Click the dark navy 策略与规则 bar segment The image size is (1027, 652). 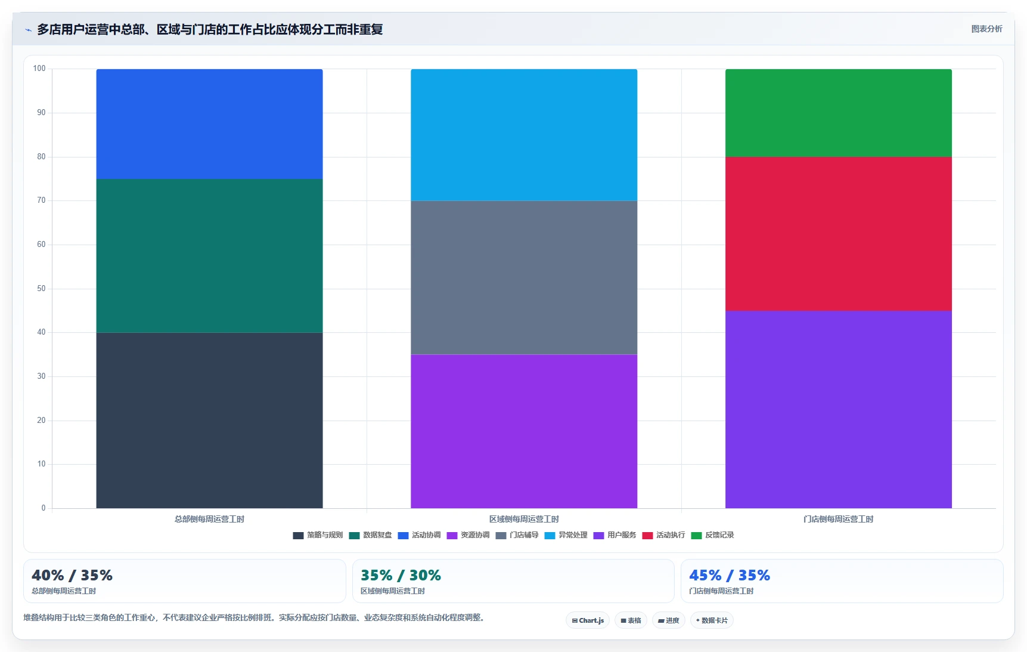click(209, 421)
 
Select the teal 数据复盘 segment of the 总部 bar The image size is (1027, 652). click(209, 256)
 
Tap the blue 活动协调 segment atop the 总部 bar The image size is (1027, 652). click(209, 124)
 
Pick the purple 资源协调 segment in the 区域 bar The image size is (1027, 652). click(524, 431)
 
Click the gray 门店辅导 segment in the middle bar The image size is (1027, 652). click(524, 278)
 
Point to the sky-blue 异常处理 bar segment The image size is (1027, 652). click(524, 135)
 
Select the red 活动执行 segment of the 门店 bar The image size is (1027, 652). click(838, 234)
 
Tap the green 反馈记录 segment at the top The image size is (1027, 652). click(838, 113)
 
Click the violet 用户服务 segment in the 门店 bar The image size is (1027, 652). click(838, 409)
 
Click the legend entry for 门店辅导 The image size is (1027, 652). click(517, 535)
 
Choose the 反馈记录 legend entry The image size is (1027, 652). click(712, 535)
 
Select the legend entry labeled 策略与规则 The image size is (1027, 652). click(318, 535)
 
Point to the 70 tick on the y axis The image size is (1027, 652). click(41, 200)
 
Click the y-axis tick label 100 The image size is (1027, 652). click(39, 69)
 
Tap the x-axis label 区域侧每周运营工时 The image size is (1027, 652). click(524, 519)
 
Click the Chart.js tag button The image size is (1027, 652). click(588, 620)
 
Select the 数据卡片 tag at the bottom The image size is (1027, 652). click(712, 620)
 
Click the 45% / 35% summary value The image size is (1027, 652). click(730, 575)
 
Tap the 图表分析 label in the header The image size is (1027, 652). click(986, 29)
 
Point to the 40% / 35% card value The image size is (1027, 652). click(72, 575)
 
